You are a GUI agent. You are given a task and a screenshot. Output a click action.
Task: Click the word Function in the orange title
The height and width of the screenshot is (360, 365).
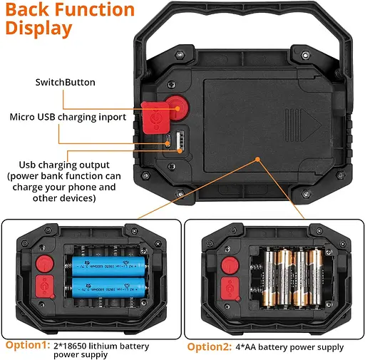click(95, 9)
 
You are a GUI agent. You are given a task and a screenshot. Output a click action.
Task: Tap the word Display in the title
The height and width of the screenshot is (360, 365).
click(38, 29)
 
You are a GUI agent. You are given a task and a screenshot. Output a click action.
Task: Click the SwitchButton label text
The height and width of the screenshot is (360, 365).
click(66, 82)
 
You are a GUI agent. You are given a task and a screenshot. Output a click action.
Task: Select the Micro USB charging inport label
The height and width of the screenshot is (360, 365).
click(68, 117)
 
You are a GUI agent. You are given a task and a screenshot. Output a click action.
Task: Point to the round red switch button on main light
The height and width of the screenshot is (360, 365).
click(178, 108)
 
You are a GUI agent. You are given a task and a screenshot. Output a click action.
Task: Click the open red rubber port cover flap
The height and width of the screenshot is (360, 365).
click(155, 118)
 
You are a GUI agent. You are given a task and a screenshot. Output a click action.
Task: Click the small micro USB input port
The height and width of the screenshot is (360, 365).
click(168, 140)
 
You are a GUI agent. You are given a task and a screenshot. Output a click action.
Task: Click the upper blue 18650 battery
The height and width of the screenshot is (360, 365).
click(108, 267)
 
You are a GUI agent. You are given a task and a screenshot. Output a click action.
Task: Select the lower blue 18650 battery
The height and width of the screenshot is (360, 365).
click(108, 287)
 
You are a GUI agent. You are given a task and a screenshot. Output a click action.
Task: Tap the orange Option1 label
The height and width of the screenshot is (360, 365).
click(28, 345)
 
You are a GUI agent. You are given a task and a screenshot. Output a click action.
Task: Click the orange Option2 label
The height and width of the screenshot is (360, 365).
click(210, 347)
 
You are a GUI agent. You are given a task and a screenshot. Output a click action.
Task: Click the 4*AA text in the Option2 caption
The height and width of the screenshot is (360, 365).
click(246, 347)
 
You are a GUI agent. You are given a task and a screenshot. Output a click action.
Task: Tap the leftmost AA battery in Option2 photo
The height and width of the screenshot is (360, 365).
click(269, 277)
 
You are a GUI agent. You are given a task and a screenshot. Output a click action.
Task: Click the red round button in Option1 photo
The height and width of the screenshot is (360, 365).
click(45, 264)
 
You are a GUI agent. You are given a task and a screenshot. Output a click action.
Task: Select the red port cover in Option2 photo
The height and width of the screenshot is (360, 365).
click(230, 289)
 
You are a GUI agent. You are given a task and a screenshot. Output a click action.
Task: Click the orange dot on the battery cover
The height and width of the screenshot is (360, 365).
click(257, 159)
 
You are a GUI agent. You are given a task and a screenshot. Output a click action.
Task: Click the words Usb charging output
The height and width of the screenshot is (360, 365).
click(64, 165)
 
